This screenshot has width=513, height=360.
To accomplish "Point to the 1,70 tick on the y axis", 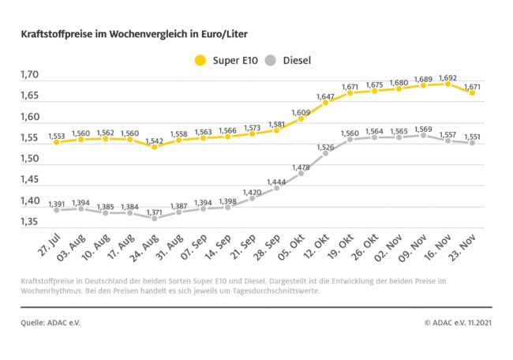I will [30, 75].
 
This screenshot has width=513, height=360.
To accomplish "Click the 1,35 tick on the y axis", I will [30, 222].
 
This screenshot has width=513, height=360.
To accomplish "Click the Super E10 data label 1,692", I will [447, 78].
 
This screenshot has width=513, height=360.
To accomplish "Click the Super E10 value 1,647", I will [325, 96].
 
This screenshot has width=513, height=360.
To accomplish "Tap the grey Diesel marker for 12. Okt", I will [325, 153].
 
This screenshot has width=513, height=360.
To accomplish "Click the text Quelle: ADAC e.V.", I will [51, 322].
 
